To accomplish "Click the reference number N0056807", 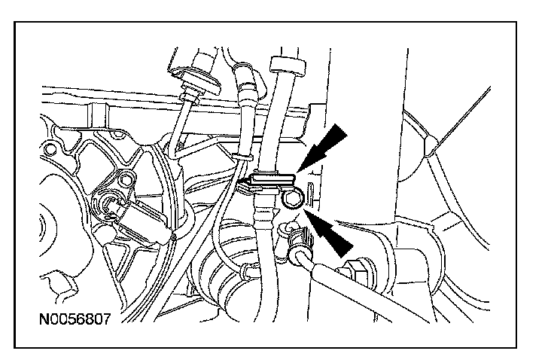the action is pos(74,319).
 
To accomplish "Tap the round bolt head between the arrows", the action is pos(293,200).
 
